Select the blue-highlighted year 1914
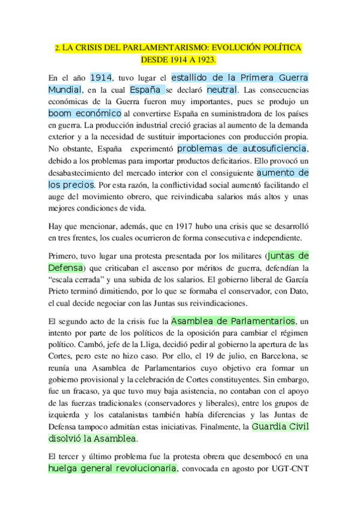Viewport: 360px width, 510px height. coord(101,78)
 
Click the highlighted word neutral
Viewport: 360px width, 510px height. coord(221,90)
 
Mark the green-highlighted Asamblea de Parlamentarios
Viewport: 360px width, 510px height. coord(233,321)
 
